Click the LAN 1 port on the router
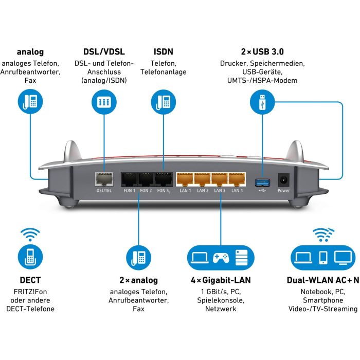(185, 179)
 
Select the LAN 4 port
(237, 179)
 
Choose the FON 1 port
(129, 179)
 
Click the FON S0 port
(164, 179)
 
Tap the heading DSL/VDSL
(104, 52)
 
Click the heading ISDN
(164, 52)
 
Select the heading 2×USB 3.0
(262, 52)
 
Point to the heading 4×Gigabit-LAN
(221, 280)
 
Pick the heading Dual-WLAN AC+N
(323, 280)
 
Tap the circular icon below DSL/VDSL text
(104, 101)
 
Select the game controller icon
(221, 257)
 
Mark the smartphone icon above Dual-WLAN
(323, 257)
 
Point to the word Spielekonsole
(221, 300)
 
